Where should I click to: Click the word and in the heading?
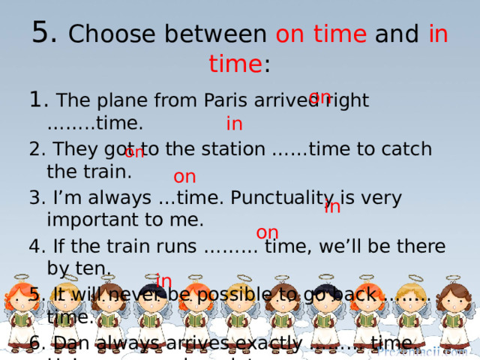point(397,34)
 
